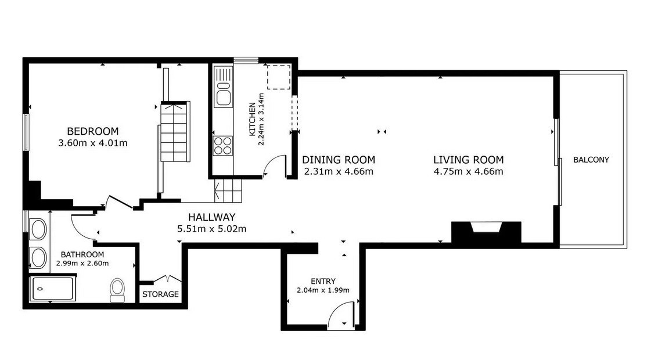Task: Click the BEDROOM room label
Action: pyautogui.click(x=92, y=131)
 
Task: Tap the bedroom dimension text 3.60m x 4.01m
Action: pyautogui.click(x=92, y=143)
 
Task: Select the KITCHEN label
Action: pyautogui.click(x=252, y=119)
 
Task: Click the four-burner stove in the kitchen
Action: pyautogui.click(x=223, y=146)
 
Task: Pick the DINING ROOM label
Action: pyautogui.click(x=339, y=160)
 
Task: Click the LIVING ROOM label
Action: pyautogui.click(x=468, y=160)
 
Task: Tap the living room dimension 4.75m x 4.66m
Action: pyautogui.click(x=468, y=171)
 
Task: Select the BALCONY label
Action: pyautogui.click(x=591, y=160)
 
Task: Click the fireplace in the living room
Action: pyautogui.click(x=486, y=232)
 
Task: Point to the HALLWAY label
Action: pyautogui.click(x=211, y=217)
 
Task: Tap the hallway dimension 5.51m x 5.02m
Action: pyautogui.click(x=211, y=229)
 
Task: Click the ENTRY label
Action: pyautogui.click(x=323, y=281)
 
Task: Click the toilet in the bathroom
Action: pyautogui.click(x=117, y=290)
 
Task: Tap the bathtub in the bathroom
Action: pyautogui.click(x=53, y=289)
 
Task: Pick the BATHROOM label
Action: pyautogui.click(x=82, y=254)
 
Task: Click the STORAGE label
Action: pyautogui.click(x=160, y=294)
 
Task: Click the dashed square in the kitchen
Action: pyautogui.click(x=278, y=77)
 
